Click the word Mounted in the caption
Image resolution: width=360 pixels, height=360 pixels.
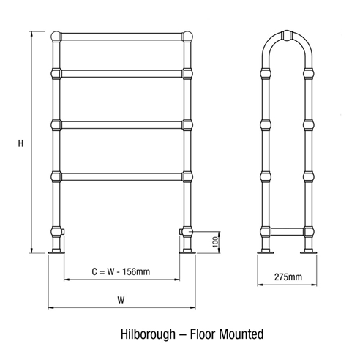[238, 335]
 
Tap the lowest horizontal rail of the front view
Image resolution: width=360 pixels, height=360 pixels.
[122, 175]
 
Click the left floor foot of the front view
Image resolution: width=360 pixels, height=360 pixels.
[57, 252]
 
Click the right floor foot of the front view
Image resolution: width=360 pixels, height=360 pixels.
[188, 252]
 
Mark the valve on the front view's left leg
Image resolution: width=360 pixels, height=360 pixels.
[60, 232]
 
